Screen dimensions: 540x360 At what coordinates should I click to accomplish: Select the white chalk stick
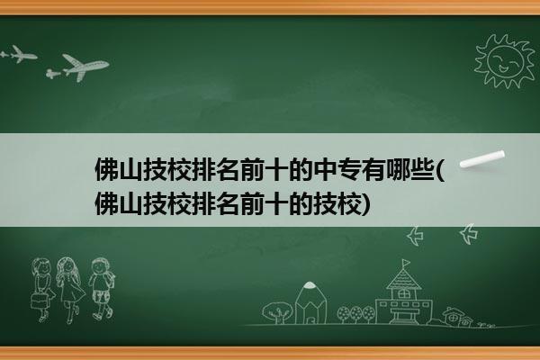pos(482,159)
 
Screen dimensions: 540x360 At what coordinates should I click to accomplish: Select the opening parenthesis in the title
pos(440,170)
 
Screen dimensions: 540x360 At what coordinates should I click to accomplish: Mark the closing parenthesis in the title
pos(366,204)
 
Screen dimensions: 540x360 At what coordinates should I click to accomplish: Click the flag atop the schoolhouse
pos(407,263)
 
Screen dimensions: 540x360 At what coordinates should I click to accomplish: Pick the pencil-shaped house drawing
pos(310,302)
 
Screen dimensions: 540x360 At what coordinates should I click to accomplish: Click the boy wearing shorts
pos(101,288)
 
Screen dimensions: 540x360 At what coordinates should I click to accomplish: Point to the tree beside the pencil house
pos(277,312)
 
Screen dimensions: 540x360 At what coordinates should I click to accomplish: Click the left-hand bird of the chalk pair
pos(415,236)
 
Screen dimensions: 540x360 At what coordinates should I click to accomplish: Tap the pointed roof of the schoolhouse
pos(403,279)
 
